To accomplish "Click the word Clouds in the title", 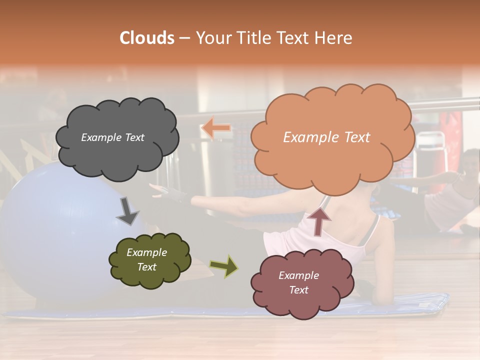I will (146, 38).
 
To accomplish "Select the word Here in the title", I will (334, 38).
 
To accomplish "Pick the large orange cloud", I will (332, 160).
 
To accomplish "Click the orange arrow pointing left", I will (216, 128).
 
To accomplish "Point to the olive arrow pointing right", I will (223, 266).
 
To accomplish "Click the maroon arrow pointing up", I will (319, 220).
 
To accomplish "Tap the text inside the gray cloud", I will (112, 137).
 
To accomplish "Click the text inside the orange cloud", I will (326, 137).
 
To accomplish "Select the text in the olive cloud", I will (146, 260).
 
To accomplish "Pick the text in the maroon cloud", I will (298, 282).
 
